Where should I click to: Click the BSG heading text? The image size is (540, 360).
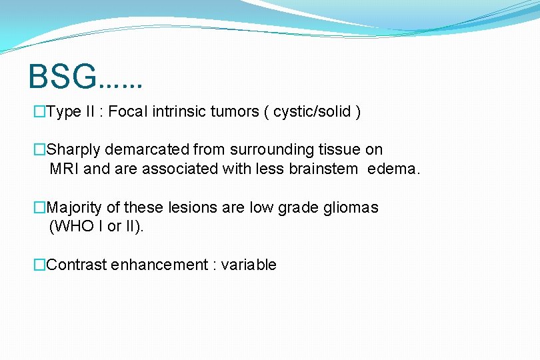point(85,77)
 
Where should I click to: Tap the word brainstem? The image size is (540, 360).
point(323,169)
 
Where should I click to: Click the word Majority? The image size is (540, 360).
point(75,208)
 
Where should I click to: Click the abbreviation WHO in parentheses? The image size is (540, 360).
point(73,227)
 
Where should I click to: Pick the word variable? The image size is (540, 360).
point(249,265)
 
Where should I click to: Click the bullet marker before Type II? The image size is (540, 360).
point(40,112)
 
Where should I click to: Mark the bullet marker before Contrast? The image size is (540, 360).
point(40,265)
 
